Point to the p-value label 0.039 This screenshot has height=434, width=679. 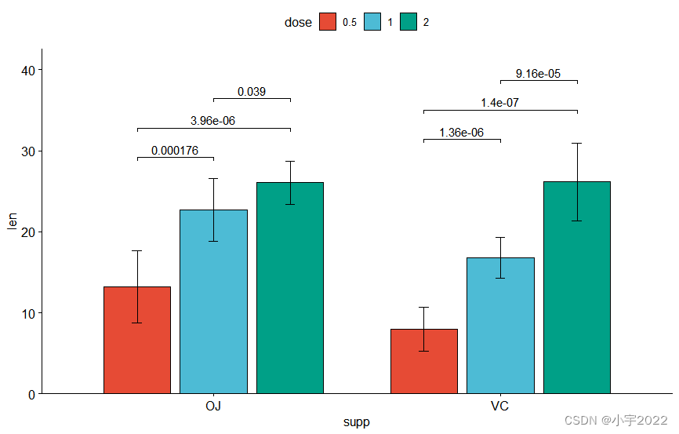pos(252,92)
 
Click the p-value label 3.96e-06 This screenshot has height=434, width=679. pos(212,121)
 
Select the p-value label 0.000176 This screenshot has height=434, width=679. pos(175,151)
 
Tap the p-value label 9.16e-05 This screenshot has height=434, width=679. pos(538,74)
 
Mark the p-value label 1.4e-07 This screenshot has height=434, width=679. pos(500,102)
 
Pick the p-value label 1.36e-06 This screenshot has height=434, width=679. pos(461,133)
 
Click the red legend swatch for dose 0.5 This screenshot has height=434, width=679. pos(328,23)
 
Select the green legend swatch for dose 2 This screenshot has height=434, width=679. pos(408,23)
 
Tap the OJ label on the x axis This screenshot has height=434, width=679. pos(213,407)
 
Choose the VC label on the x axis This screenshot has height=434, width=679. pos(500,407)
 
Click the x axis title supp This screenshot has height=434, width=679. pos(356,422)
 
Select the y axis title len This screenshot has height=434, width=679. pos(11,221)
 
